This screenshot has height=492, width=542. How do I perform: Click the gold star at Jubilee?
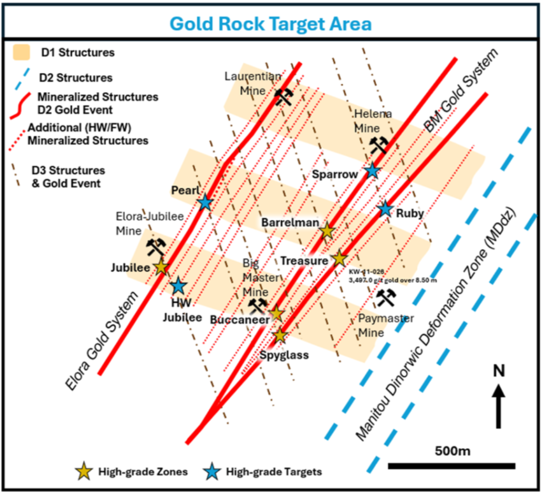[x=161, y=267]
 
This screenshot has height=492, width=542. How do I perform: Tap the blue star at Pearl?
[x=205, y=202]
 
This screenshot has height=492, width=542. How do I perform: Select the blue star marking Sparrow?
[x=373, y=171]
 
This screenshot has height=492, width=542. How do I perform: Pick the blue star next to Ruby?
[x=385, y=209]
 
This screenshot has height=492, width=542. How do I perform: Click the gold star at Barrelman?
[x=327, y=231]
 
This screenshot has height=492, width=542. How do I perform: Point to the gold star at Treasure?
[x=339, y=258]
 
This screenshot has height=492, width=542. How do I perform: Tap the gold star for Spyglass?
[x=280, y=335]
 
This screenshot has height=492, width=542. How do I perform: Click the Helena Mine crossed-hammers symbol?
[x=379, y=144]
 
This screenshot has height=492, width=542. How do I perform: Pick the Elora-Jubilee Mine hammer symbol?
[x=156, y=246]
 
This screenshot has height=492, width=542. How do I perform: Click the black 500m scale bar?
[x=451, y=466]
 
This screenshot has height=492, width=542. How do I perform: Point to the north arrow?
[x=498, y=405]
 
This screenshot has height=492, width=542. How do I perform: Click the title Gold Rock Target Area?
[x=270, y=24]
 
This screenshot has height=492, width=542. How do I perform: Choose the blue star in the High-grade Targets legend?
[x=212, y=471]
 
